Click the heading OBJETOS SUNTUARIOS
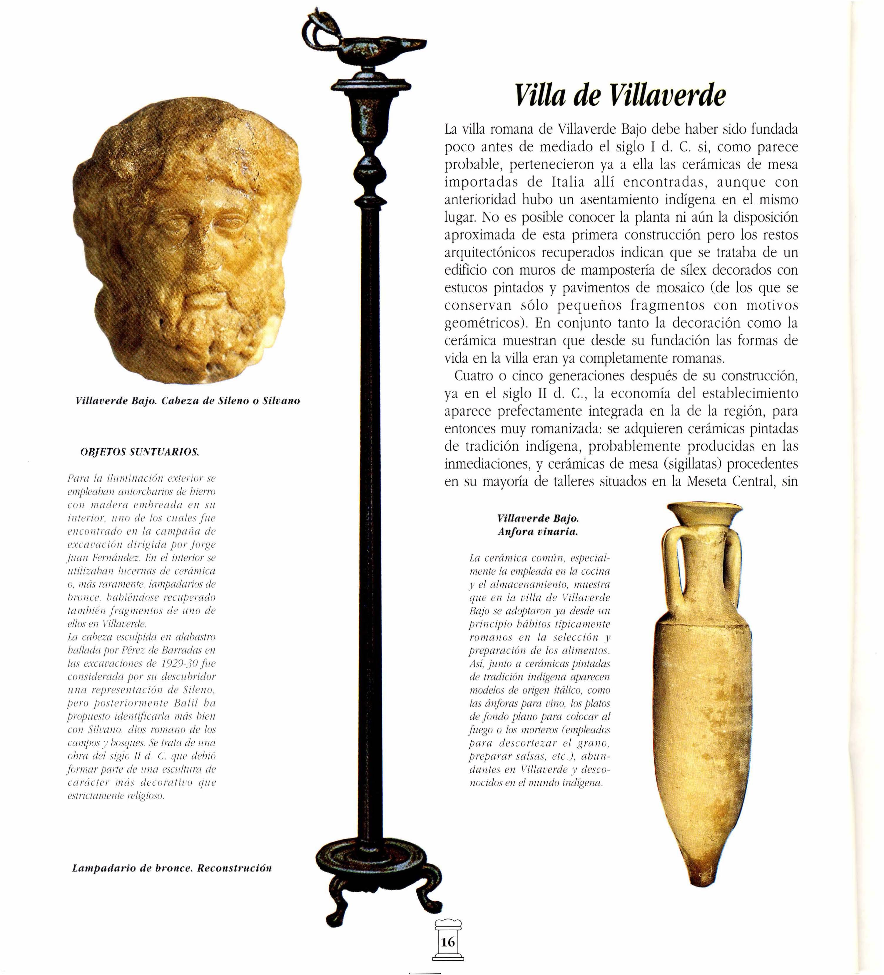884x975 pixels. [x=139, y=452]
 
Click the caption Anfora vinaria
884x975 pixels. [x=538, y=532]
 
